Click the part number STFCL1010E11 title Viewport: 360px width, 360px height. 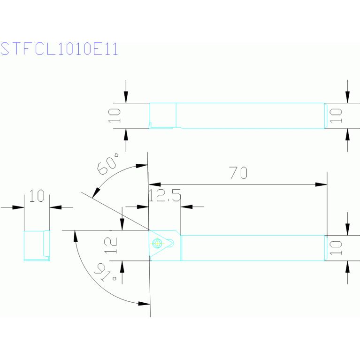pyautogui.click(x=59, y=49)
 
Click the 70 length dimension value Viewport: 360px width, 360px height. pyautogui.click(x=238, y=173)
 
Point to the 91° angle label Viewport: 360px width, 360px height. pyautogui.click(x=107, y=272)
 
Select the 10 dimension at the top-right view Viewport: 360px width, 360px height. pyautogui.click(x=336, y=115)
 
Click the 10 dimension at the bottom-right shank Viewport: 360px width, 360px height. pyautogui.click(x=336, y=247)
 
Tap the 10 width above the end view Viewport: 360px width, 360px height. pyautogui.click(x=37, y=196)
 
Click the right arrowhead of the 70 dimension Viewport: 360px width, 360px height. pyautogui.click(x=322, y=184)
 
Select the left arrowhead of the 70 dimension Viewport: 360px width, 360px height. pyautogui.click(x=154, y=184)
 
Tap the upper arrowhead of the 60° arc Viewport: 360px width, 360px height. pyautogui.click(x=141, y=165)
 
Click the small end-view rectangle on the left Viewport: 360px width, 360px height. pyautogui.click(x=37, y=245)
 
